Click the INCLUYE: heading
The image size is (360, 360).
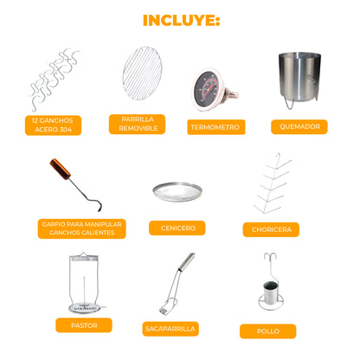click(182, 20)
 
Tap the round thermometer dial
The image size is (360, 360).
click(206, 89)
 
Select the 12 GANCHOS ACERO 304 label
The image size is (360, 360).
click(53, 125)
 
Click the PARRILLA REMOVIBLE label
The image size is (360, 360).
click(137, 124)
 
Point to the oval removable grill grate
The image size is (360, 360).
click(142, 74)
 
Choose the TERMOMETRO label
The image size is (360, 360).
click(216, 127)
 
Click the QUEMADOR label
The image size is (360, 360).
click(299, 126)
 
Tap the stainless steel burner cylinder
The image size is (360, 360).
click(299, 76)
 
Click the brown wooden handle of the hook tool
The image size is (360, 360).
click(60, 169)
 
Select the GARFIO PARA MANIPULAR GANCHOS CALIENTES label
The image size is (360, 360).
click(82, 228)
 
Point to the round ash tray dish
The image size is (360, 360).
click(177, 192)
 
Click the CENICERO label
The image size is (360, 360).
click(177, 228)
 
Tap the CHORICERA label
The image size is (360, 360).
click(271, 229)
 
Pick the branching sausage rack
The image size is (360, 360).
click(272, 184)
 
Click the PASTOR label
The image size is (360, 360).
click(84, 325)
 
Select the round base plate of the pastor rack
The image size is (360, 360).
click(84, 308)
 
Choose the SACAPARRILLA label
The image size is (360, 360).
click(170, 329)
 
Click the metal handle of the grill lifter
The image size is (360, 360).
click(187, 262)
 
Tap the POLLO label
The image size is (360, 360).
click(267, 331)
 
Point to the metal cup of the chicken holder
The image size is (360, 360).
click(271, 292)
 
